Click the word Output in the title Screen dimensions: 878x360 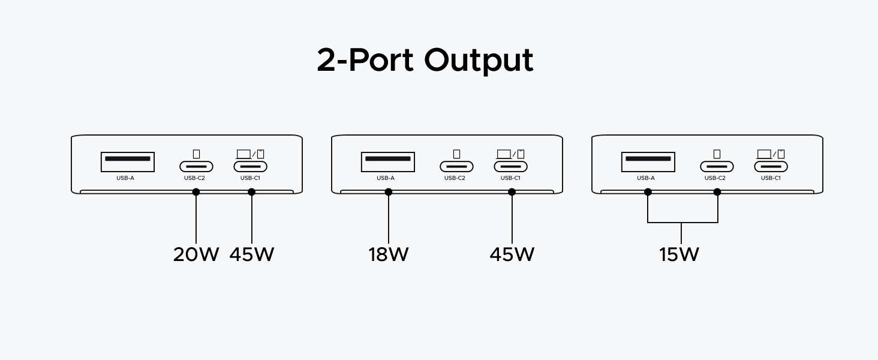click(479, 61)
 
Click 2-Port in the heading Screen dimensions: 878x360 click(365, 60)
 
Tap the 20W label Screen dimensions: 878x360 click(196, 254)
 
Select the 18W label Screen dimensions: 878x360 click(389, 254)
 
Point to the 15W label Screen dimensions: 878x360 click(679, 254)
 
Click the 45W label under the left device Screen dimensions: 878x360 click(252, 254)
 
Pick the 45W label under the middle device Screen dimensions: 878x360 click(512, 254)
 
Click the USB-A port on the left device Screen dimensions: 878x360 click(128, 162)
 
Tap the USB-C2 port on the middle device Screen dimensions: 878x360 click(456, 167)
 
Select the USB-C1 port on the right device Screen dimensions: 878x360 click(771, 167)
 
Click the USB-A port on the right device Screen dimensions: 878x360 click(648, 162)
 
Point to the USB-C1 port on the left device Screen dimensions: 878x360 click(251, 167)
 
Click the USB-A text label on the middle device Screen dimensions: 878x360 click(386, 178)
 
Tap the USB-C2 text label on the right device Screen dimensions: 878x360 click(715, 178)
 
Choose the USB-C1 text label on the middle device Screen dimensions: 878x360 click(510, 178)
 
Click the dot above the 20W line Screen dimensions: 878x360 click(196, 192)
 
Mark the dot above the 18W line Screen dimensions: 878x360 click(389, 192)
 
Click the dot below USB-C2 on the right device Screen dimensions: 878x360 click(717, 192)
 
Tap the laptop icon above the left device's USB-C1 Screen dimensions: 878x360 click(243, 154)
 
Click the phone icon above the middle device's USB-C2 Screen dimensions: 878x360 click(456, 154)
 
